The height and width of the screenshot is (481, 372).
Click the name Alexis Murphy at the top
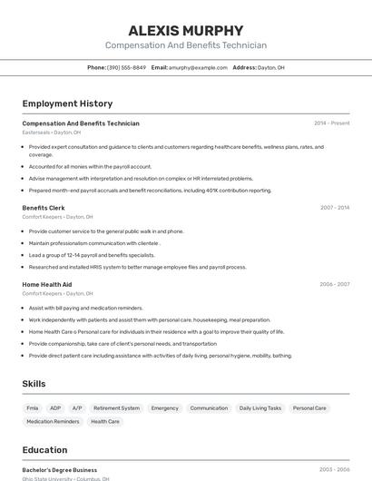pyautogui.click(x=186, y=30)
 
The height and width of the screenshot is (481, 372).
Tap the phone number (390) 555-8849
pyautogui.click(x=126, y=67)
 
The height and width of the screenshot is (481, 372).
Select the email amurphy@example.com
pyautogui.click(x=198, y=67)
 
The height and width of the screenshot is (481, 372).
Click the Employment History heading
pyautogui.click(x=67, y=103)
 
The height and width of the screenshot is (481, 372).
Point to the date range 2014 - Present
pyautogui.click(x=331, y=123)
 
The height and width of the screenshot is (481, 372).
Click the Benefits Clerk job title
pyautogui.click(x=44, y=208)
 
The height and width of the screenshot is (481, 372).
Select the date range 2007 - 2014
pyautogui.click(x=334, y=208)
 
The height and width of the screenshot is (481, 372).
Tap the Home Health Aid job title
pyautogui.click(x=47, y=284)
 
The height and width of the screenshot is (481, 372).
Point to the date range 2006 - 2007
pyautogui.click(x=334, y=284)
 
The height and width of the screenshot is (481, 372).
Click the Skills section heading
pyautogui.click(x=34, y=384)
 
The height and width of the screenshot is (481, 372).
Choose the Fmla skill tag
pyautogui.click(x=33, y=408)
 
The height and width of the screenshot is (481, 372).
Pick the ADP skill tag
pyautogui.click(x=55, y=408)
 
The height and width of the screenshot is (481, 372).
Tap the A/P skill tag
pyautogui.click(x=77, y=408)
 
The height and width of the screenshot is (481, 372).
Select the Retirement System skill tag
pyautogui.click(x=116, y=408)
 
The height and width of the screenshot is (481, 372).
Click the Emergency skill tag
pyautogui.click(x=164, y=408)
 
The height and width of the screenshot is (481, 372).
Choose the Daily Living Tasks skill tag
pyautogui.click(x=260, y=408)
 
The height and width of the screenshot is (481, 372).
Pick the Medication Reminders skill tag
pyautogui.click(x=53, y=422)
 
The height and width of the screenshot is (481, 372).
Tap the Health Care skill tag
pyautogui.click(x=104, y=422)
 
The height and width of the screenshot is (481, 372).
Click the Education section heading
pyautogui.click(x=44, y=450)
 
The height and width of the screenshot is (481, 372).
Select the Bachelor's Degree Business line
pyautogui.click(x=60, y=470)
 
